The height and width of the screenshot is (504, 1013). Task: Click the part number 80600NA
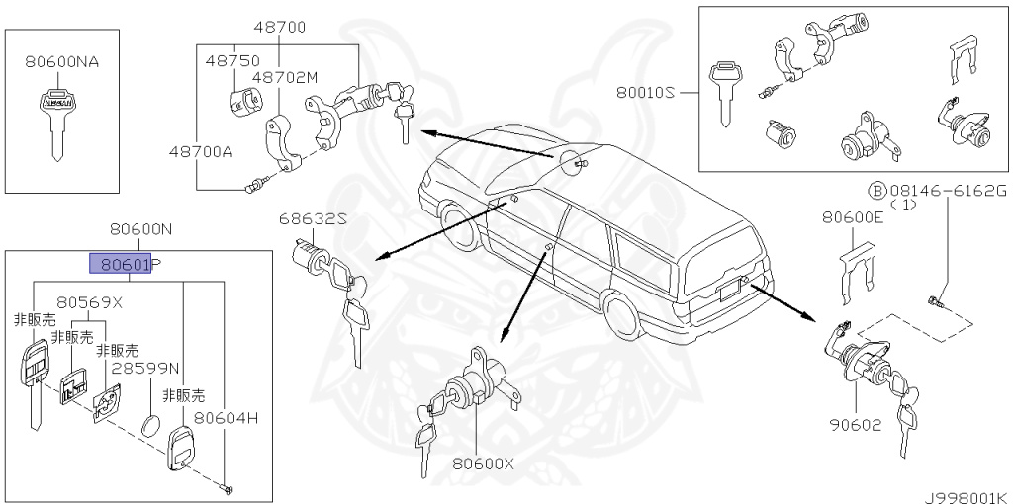[61, 61]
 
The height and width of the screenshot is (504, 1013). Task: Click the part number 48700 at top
[279, 27]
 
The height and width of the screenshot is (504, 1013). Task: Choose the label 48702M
[284, 76]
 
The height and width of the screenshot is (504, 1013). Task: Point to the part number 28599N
[144, 367]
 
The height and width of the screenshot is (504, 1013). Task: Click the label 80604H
[226, 418]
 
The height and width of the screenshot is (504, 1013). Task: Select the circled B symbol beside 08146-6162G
[875, 190]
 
